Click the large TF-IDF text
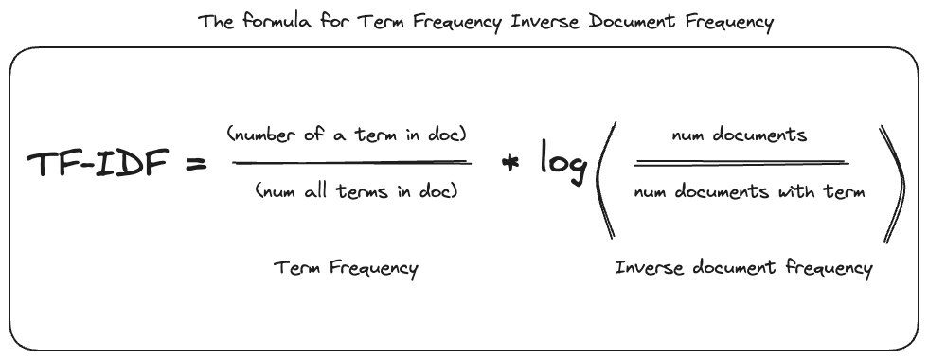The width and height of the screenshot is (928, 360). tap(98, 165)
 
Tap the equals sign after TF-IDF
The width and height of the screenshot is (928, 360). tap(194, 165)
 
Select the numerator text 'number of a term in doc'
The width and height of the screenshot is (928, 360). tap(347, 135)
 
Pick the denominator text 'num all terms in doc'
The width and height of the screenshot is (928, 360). tap(356, 191)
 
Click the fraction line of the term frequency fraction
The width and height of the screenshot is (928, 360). tap(352, 163)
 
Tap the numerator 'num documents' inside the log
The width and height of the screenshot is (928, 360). tap(739, 135)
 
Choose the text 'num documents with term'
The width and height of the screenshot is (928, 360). tap(748, 192)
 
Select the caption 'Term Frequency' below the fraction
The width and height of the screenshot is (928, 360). tap(346, 268)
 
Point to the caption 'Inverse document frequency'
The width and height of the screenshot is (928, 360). tap(743, 268)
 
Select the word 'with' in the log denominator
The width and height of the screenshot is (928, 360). tap(803, 192)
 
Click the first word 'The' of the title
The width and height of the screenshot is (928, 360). tap(214, 22)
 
